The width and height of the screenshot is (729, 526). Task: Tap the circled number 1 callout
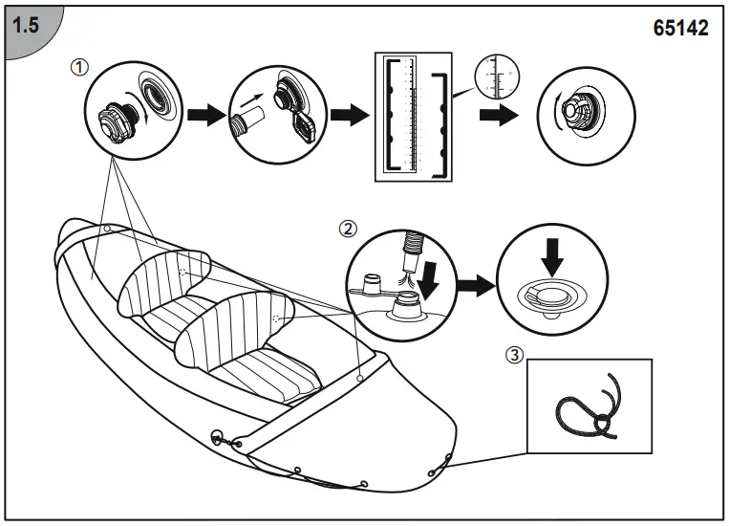coord(80,68)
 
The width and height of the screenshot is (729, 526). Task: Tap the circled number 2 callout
coord(349,229)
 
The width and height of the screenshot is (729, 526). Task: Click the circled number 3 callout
coord(515,355)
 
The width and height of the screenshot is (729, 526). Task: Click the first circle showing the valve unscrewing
coord(131,115)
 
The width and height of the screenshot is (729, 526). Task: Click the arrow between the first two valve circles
coord(202,115)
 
